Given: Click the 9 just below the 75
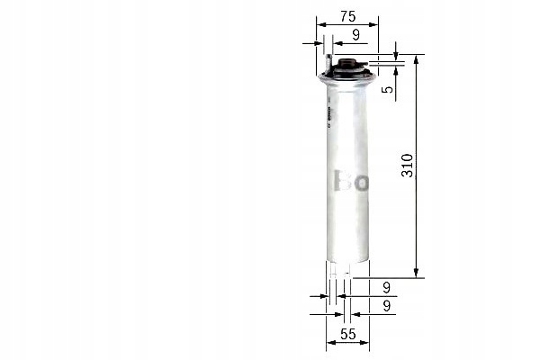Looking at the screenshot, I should tap(356, 34).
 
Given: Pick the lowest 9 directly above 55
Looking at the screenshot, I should tap(385, 306).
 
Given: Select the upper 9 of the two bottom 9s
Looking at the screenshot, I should tap(385, 288).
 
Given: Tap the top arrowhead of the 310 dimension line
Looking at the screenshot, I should tap(417, 58).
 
